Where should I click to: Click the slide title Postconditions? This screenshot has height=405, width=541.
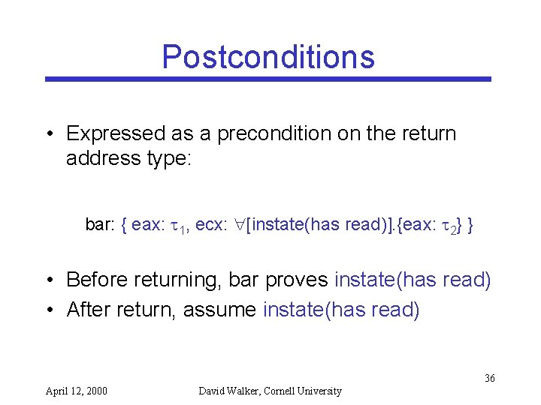pyautogui.click(x=267, y=57)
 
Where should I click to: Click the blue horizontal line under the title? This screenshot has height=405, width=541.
pyautogui.click(x=267, y=79)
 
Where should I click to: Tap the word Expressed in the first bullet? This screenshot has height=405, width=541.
pyautogui.click(x=115, y=134)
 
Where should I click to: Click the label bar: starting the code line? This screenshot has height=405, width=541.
pyautogui.click(x=101, y=224)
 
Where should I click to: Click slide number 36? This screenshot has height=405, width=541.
pyautogui.click(x=489, y=378)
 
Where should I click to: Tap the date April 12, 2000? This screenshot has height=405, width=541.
pyautogui.click(x=77, y=391)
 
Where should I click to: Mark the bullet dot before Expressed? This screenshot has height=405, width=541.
pyautogui.click(x=50, y=135)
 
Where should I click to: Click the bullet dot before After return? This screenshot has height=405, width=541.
pyautogui.click(x=50, y=310)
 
